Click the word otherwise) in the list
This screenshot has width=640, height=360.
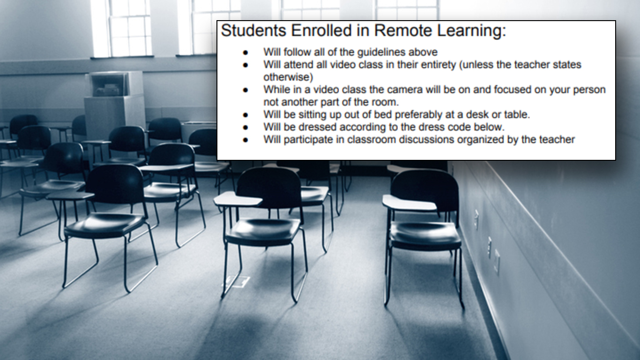coord(288,77)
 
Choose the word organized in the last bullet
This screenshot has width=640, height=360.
coord(482,140)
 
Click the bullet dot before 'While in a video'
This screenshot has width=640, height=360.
coord(246,90)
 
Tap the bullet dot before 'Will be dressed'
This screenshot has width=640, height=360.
coord(246,127)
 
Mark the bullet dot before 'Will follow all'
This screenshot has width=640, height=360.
coord(246,52)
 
